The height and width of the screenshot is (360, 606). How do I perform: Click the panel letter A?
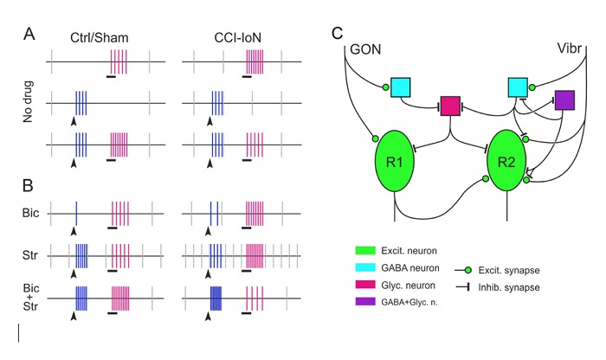click(x=29, y=34)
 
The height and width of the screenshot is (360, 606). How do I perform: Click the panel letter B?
click(x=29, y=185)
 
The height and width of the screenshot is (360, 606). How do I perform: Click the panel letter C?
click(x=338, y=33)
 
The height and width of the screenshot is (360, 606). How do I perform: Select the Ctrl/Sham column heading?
click(x=100, y=38)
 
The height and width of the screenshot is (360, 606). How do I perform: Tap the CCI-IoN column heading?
click(x=238, y=38)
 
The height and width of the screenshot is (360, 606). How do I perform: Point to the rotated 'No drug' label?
click(x=28, y=101)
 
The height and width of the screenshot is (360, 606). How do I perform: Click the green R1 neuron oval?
click(x=394, y=162)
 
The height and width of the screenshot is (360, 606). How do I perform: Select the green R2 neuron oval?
click(x=506, y=161)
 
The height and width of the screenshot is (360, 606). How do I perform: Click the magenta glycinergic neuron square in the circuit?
click(x=451, y=106)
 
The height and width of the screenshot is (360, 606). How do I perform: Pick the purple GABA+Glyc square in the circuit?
click(x=564, y=100)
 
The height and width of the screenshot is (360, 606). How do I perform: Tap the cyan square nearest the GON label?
click(x=400, y=87)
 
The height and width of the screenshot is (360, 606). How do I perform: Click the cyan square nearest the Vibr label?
click(x=518, y=87)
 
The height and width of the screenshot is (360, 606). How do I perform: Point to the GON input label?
click(x=365, y=49)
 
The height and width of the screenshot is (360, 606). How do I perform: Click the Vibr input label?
click(x=570, y=48)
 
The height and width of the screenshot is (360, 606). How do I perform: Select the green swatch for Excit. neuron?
click(x=365, y=251)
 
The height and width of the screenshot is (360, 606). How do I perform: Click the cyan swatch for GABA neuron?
click(x=365, y=267)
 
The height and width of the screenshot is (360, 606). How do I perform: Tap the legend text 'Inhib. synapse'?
click(x=509, y=288)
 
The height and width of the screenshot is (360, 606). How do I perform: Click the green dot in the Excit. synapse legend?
click(x=468, y=270)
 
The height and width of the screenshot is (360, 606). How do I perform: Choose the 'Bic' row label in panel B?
click(x=31, y=213)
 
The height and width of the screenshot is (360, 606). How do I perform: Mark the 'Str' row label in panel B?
click(x=30, y=255)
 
